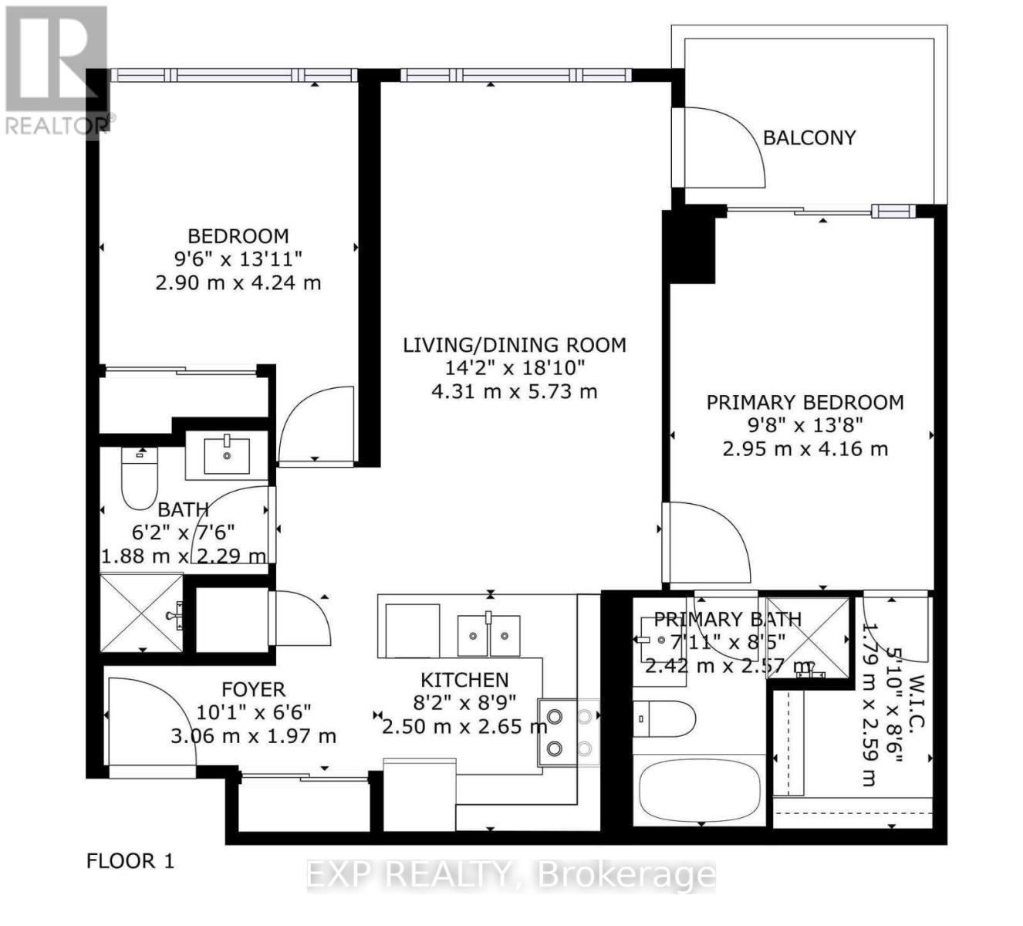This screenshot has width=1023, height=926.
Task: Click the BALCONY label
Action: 809,138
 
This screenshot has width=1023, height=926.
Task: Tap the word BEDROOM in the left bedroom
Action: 238,236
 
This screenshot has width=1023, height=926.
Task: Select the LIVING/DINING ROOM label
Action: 515,345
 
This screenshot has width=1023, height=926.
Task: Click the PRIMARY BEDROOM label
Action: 805,402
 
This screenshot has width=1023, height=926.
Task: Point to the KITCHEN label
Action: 464,680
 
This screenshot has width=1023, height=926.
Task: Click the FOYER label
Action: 253,689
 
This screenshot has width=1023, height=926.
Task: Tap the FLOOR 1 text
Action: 130,860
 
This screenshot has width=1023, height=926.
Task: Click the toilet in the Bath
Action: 140,478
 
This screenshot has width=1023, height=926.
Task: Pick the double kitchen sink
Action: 488,634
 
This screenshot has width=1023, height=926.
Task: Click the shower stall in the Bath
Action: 142,613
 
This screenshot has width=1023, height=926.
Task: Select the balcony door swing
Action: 721,147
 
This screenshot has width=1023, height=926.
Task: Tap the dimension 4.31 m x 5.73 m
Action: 514,391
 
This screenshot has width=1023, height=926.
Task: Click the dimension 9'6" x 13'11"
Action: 238,259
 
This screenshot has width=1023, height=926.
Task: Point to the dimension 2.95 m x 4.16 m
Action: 805,448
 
